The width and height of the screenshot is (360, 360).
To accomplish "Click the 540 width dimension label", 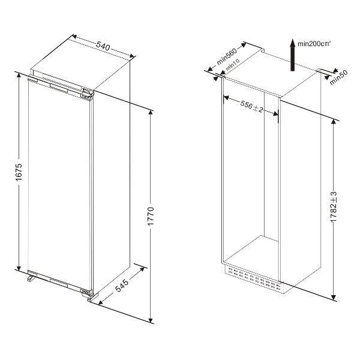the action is pos(103,46).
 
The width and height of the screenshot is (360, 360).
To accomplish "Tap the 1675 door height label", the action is pos(19,172).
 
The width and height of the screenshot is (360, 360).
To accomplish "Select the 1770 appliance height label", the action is pos(151,216).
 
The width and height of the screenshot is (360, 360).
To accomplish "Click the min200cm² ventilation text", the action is pos(314,44).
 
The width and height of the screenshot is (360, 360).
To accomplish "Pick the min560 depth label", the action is pos(226,56).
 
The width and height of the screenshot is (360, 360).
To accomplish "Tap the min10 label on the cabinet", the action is pos(233,64).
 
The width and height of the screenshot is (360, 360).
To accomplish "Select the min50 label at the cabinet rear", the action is pos(339,77).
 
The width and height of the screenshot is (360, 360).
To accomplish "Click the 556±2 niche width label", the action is pos(251,107).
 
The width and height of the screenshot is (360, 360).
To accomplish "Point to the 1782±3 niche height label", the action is pos(334,206).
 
